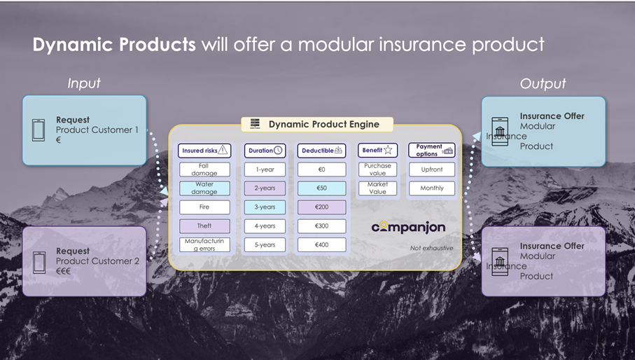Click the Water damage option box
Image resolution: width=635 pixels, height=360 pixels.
[x=204, y=188]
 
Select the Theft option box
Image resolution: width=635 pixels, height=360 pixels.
[x=204, y=226]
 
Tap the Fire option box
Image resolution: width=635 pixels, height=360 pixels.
[x=204, y=207]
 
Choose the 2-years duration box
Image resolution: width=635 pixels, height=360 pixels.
[x=265, y=188]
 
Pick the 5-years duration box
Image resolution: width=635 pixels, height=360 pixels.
[x=265, y=245]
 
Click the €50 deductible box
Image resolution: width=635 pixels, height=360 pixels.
[x=321, y=188]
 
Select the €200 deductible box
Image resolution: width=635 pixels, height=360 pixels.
[x=321, y=207]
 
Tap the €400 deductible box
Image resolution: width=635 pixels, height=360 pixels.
[x=321, y=245]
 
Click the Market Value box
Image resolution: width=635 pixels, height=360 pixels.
[x=377, y=188]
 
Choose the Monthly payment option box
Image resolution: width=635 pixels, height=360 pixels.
[x=431, y=188]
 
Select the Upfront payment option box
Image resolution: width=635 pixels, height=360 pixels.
[x=431, y=169]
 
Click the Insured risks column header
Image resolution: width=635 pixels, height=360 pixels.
[x=204, y=150]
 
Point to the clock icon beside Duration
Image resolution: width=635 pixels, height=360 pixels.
[x=278, y=150]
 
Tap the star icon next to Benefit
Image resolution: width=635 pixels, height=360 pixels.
[x=388, y=150]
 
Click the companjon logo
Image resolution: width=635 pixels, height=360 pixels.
[x=408, y=228]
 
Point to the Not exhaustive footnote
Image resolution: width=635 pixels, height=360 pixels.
[x=431, y=248]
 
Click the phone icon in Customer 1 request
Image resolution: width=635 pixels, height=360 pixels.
[x=39, y=130]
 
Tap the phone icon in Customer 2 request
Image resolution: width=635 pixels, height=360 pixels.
[x=39, y=261]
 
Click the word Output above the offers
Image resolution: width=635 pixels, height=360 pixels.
[x=543, y=83]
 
